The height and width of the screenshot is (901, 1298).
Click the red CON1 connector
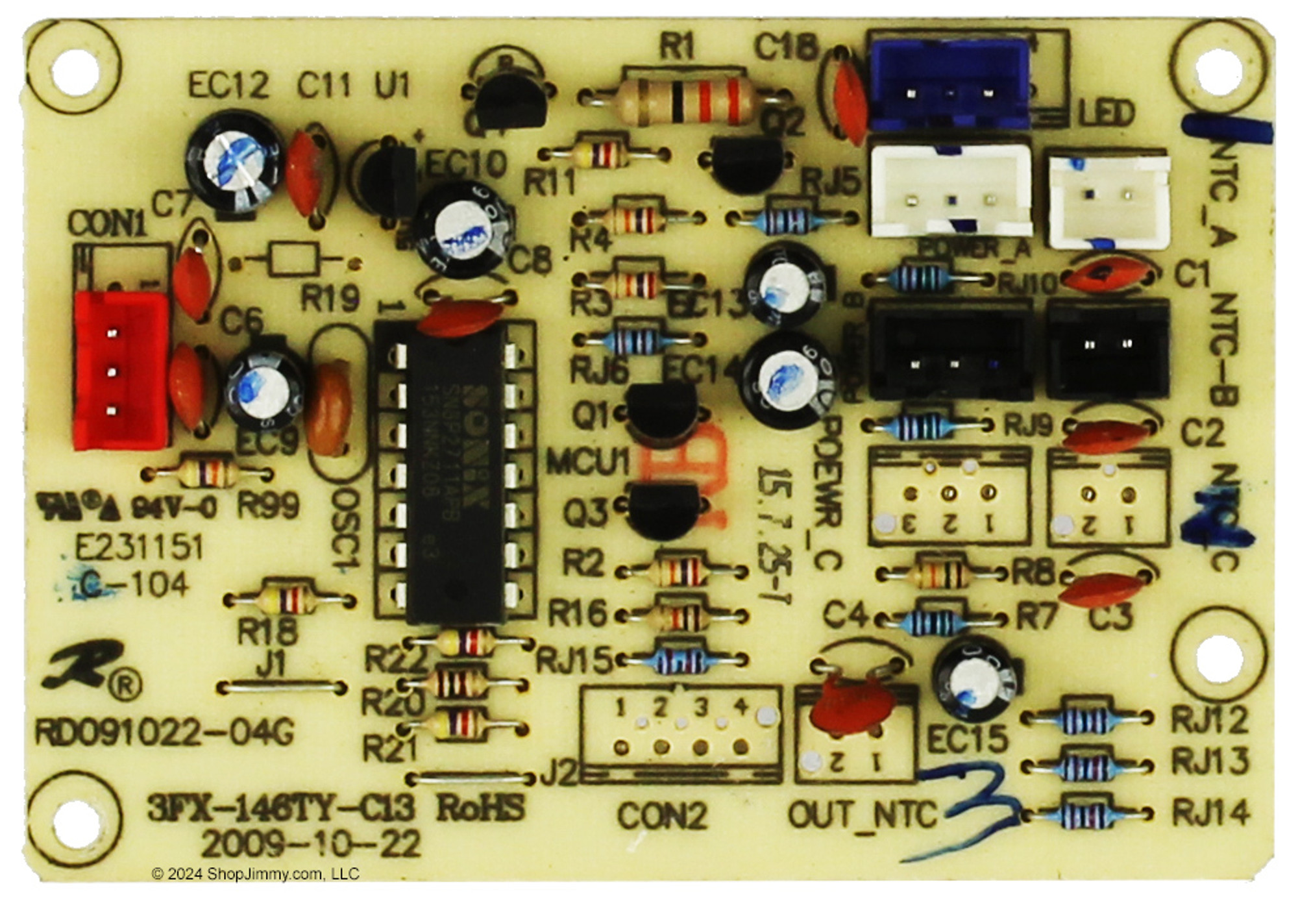(x=121, y=371)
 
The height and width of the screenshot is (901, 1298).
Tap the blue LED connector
(x=950, y=85)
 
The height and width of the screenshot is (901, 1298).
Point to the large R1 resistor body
(x=682, y=100)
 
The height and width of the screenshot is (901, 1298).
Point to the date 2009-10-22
(x=311, y=845)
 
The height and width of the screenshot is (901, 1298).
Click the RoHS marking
(x=481, y=809)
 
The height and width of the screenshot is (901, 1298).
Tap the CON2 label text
(x=661, y=815)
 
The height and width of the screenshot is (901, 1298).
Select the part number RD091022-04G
(x=165, y=733)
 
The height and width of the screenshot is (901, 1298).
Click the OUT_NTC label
(x=863, y=814)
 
